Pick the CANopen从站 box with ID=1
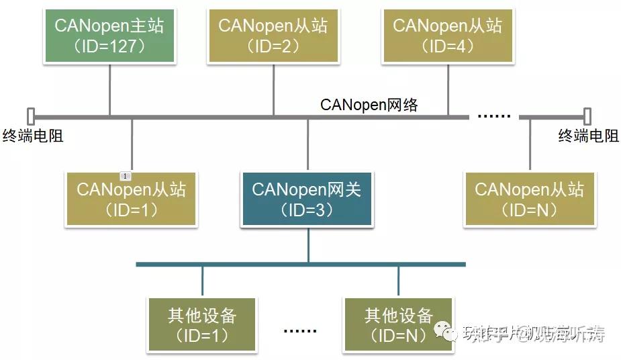pyautogui.click(x=131, y=198)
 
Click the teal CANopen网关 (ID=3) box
pyautogui.click(x=307, y=198)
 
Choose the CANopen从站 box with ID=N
pyautogui.click(x=529, y=198)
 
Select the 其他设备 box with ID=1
pyautogui.click(x=202, y=324)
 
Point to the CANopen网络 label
pyautogui.click(x=369, y=104)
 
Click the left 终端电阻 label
pyautogui.click(x=33, y=136)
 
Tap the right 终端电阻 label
pyautogui.click(x=588, y=136)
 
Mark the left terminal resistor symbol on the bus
pyautogui.click(x=30, y=116)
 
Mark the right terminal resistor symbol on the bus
pyautogui.click(x=588, y=116)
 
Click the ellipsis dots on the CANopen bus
pyautogui.click(x=493, y=116)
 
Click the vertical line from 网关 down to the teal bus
pyautogui.click(x=308, y=245)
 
